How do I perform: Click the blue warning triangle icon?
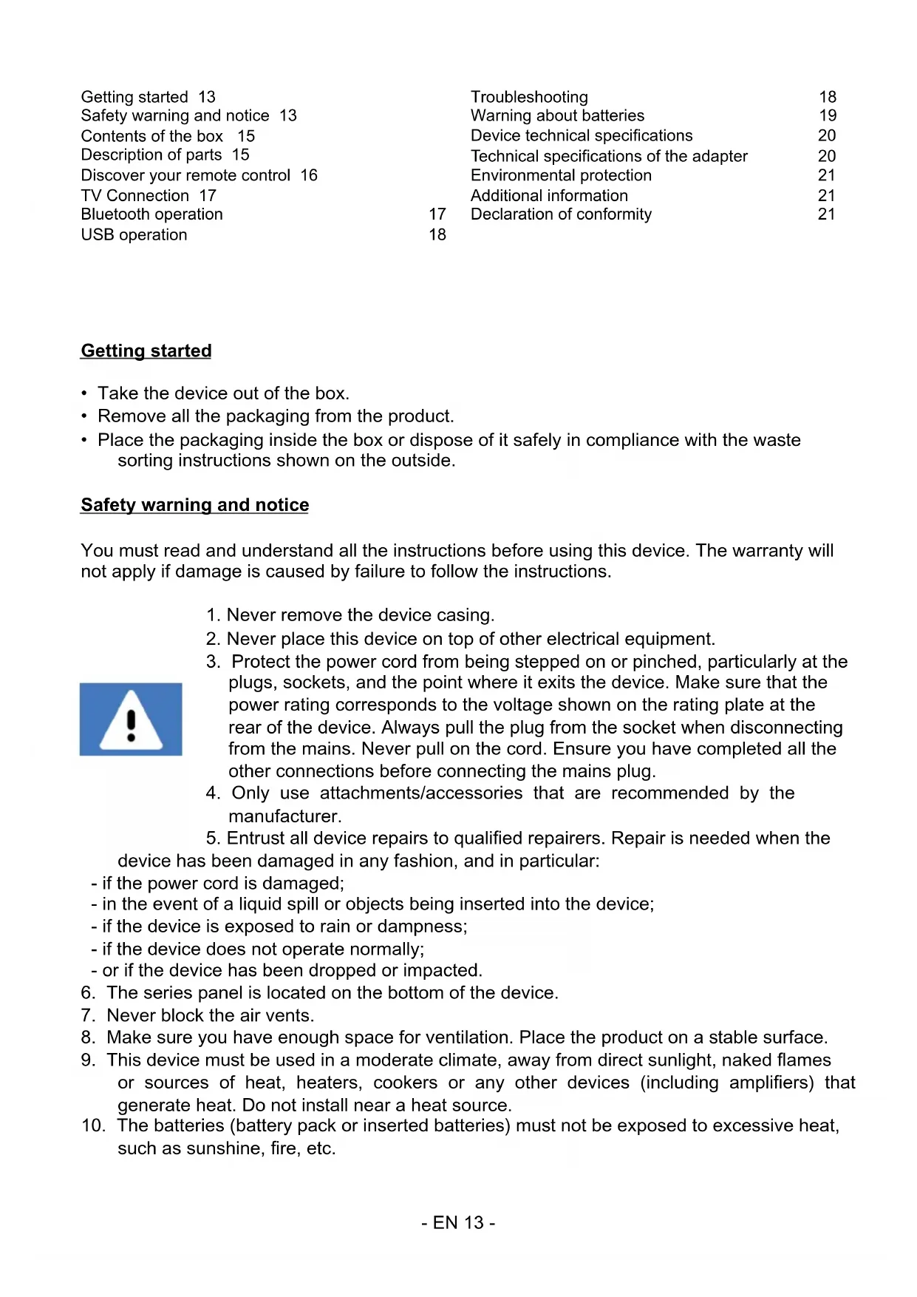pos(131,719)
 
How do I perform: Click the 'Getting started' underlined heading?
pos(146,351)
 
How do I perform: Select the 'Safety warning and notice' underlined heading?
pos(195,504)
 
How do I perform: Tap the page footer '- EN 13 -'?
pos(458,1222)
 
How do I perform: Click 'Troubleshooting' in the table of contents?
pos(529,97)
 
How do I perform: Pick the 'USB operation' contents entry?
pos(134,234)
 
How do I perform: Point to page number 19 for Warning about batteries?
pos(828,115)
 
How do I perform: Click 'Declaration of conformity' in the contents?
pos(561,214)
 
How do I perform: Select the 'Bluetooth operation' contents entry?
pos(151,214)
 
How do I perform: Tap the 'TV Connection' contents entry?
pos(135,195)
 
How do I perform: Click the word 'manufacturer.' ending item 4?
pos(285,816)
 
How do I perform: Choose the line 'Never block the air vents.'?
pos(211,1015)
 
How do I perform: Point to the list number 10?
pos(93,1125)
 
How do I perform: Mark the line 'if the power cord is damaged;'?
pos(222,883)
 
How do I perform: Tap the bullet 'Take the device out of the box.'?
pos(223,393)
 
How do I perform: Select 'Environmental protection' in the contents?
pos(561,175)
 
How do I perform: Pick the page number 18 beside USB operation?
pos(437,234)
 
